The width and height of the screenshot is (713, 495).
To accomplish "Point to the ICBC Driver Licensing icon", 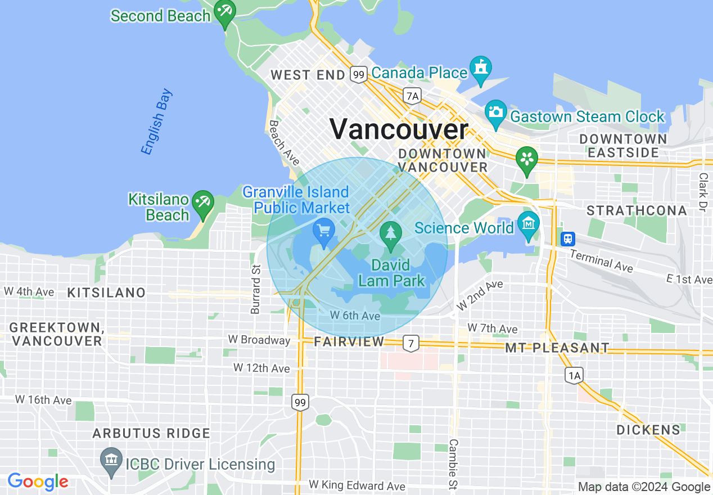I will (x=111, y=461).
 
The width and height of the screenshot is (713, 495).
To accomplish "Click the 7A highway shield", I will (x=412, y=96).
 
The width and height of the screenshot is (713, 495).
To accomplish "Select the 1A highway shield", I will (x=574, y=375).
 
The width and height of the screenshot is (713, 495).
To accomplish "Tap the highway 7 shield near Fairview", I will (x=412, y=343).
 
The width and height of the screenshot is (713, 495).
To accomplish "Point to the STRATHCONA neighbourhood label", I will (x=637, y=211).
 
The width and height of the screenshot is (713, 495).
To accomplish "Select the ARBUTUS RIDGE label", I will (x=151, y=433).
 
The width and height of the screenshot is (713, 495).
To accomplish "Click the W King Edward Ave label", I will (x=356, y=485).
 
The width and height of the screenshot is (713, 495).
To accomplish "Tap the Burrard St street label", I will (x=256, y=289).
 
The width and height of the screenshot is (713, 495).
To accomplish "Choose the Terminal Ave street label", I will (x=601, y=260).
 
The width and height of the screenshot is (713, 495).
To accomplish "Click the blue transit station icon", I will (x=568, y=238).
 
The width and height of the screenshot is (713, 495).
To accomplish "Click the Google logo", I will (x=38, y=481).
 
